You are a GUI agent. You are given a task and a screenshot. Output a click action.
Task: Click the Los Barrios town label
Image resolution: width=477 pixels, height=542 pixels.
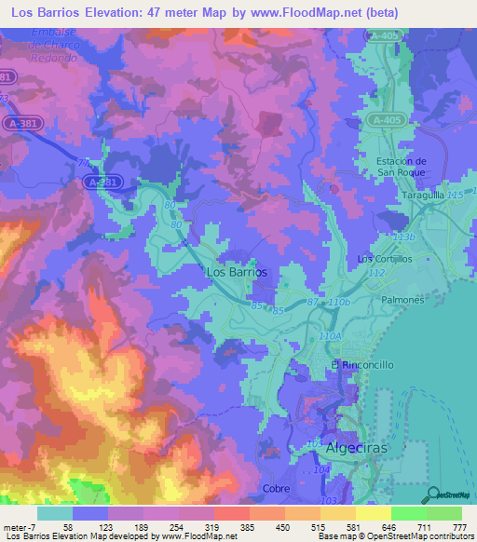(235, 273)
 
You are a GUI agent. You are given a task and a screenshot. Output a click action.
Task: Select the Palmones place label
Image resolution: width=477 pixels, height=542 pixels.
(403, 301)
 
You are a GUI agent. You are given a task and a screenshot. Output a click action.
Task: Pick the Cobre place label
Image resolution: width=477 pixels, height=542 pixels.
(278, 488)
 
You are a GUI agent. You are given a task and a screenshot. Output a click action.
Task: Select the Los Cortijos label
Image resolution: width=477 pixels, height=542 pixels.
(379, 258)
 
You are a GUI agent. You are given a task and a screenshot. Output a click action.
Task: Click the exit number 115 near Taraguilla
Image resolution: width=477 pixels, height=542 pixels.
(455, 194)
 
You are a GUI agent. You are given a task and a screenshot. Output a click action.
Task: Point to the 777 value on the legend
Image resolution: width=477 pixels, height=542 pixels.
(459, 527)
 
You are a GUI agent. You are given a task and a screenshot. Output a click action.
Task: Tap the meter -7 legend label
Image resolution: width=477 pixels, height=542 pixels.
(19, 527)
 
